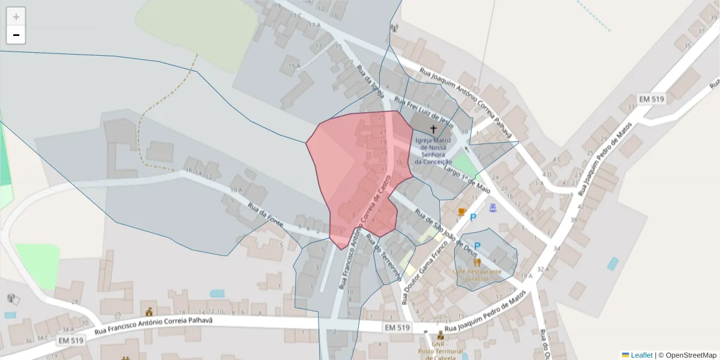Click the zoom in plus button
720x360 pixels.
coord(16,17)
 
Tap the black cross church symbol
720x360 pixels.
coord(433,129)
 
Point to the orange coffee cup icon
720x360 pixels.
coord(461,212)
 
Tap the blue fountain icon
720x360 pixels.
coord(493,208)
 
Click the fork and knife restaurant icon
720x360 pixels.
coord(478,262)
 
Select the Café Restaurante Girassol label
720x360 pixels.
coord(478,275)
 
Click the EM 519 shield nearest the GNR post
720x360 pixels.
coord(397,328)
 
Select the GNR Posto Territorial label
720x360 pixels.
coord(440,351)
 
